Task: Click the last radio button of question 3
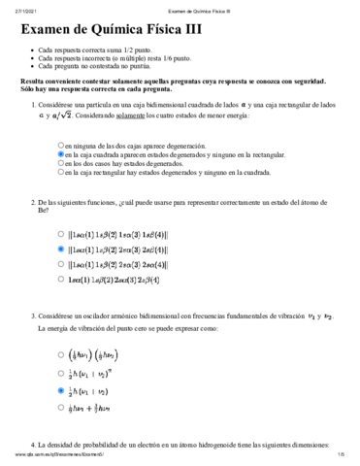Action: (61, 408)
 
